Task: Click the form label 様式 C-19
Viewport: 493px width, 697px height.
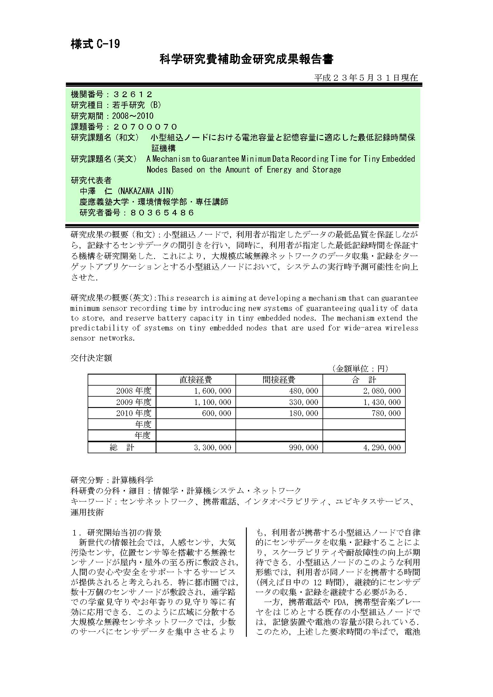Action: pyautogui.click(x=95, y=44)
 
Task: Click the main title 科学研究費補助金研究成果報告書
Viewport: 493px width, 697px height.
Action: pyautogui.click(x=246, y=60)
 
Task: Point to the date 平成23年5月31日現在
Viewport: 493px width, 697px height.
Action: pyautogui.click(x=366, y=78)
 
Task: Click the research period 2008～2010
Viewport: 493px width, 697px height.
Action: pyautogui.click(x=133, y=116)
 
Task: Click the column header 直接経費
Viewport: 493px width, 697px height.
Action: pyautogui.click(x=196, y=379)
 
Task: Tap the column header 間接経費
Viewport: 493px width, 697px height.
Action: pyautogui.click(x=279, y=379)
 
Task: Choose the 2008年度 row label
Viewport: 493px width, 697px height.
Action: pyautogui.click(x=134, y=391)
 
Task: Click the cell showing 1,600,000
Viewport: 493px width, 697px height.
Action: pyautogui.click(x=213, y=391)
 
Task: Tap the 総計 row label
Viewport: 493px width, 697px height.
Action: pyautogui.click(x=122, y=448)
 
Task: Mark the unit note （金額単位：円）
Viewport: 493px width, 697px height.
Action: pyautogui.click(x=360, y=369)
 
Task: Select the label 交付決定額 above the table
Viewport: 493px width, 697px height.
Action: pyautogui.click(x=91, y=358)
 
